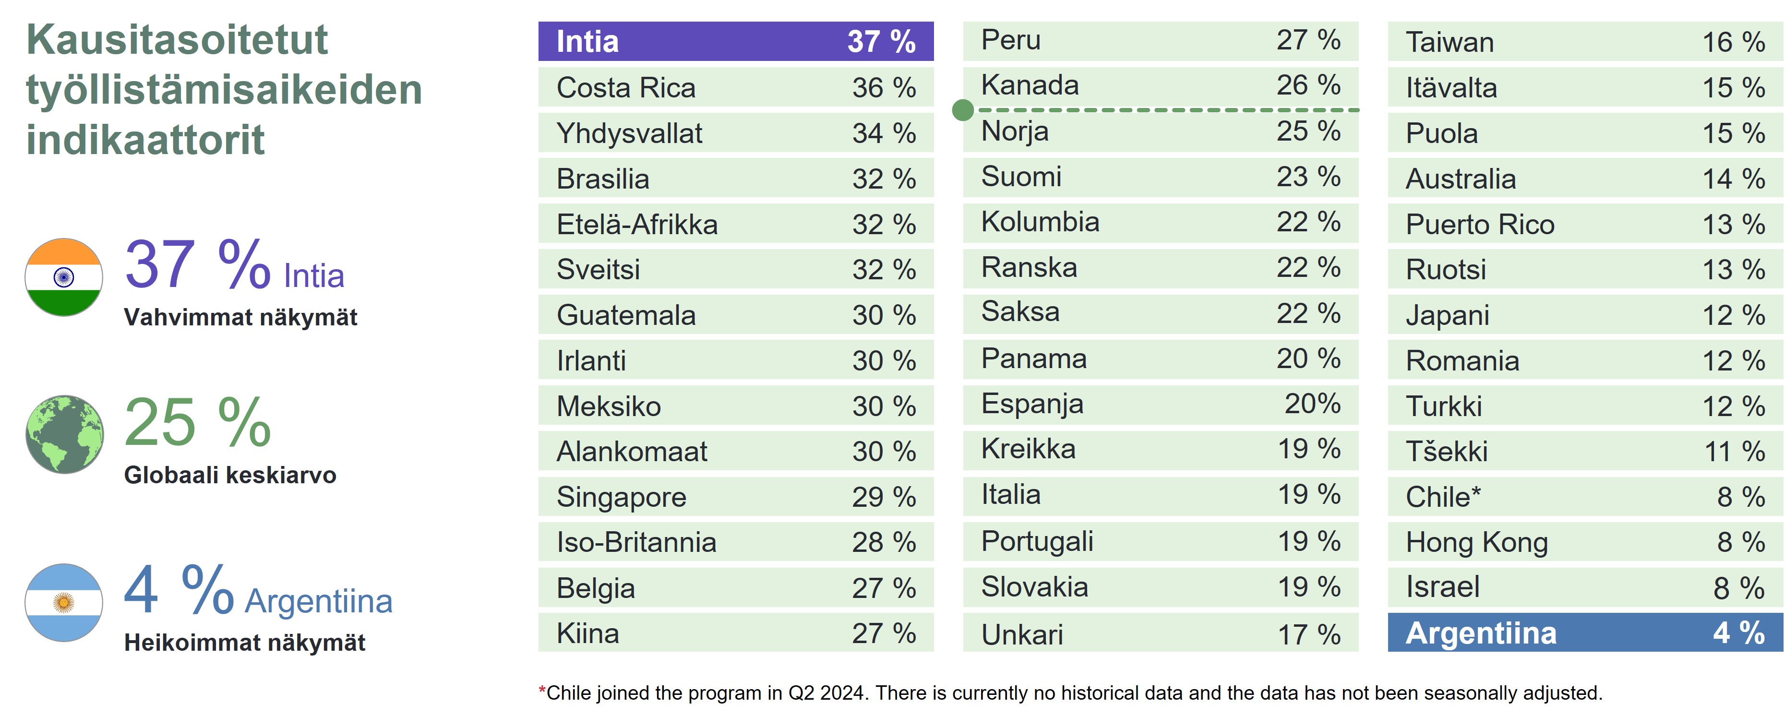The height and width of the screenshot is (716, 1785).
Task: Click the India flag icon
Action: [64, 277]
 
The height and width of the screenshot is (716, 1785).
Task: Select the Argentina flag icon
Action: [64, 602]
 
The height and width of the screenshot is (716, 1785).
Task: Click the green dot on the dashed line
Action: [962, 109]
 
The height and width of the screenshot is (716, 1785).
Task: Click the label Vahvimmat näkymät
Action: [240, 318]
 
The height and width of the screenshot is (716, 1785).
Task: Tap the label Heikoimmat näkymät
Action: [245, 643]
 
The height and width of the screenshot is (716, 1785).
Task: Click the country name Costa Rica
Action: [626, 88]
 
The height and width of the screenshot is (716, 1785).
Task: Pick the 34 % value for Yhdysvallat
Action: [884, 133]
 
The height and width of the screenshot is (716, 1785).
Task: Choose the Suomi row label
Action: [1021, 177]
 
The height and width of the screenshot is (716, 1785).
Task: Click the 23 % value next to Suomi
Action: [1308, 177]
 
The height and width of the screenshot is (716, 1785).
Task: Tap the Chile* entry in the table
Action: [1443, 497]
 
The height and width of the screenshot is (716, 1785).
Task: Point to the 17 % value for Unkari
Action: [1309, 635]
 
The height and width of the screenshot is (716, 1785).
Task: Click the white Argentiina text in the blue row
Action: [1481, 633]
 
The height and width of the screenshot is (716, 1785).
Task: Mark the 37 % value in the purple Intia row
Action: [881, 42]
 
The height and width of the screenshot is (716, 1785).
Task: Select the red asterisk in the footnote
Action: [542, 690]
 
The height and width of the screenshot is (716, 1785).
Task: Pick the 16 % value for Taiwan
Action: [1734, 42]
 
